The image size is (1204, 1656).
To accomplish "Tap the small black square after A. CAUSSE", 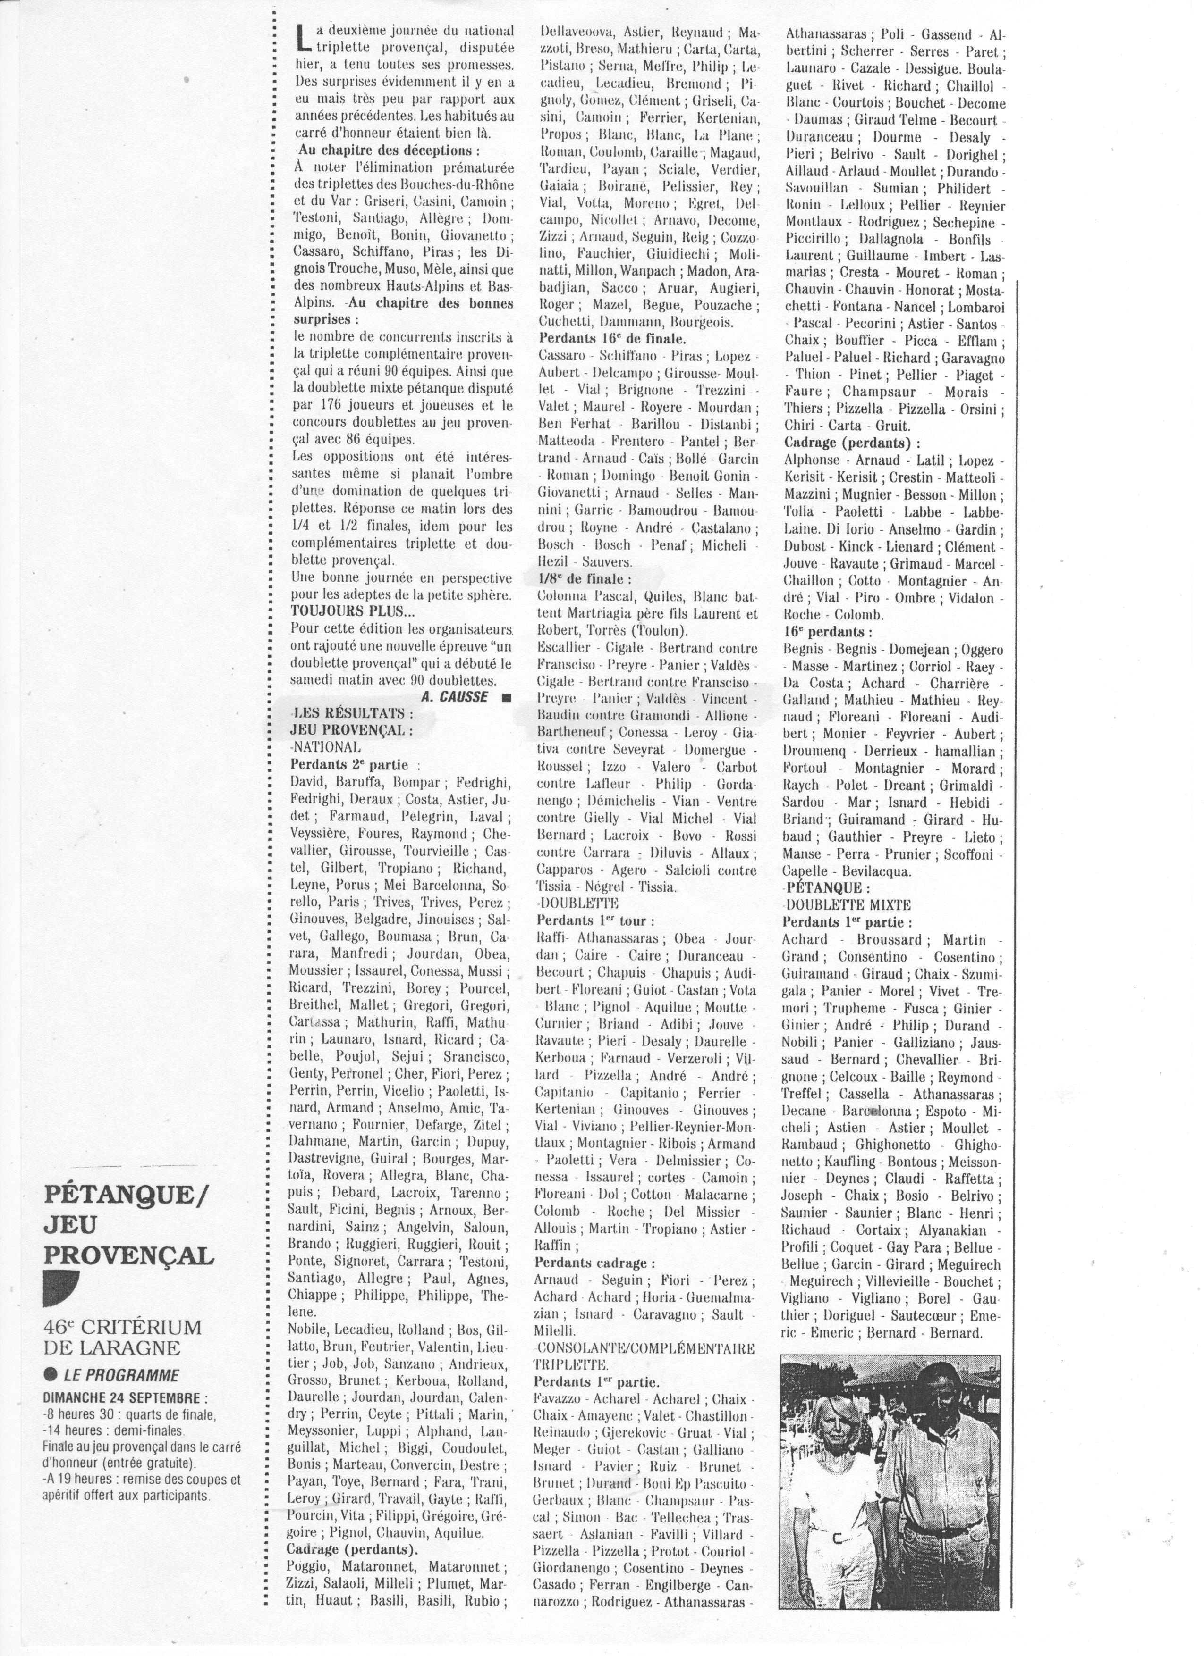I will (x=506, y=697).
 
